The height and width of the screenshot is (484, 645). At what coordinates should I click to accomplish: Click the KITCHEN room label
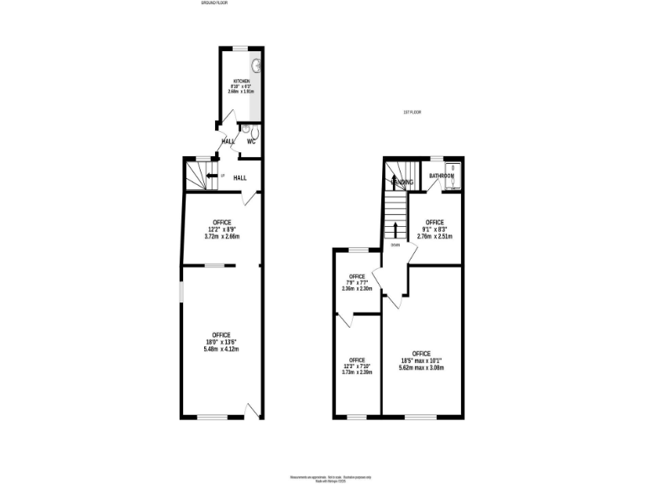click(x=241, y=81)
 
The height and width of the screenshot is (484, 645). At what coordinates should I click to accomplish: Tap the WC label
click(x=250, y=141)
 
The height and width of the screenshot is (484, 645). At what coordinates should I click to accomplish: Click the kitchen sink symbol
click(x=256, y=64)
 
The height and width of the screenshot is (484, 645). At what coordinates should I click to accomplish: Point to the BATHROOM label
click(x=442, y=176)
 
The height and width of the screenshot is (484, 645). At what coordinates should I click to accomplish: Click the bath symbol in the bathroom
click(x=454, y=176)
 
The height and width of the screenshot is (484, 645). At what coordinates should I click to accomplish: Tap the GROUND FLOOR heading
click(x=215, y=3)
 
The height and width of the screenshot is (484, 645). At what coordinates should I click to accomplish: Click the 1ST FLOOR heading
click(x=412, y=112)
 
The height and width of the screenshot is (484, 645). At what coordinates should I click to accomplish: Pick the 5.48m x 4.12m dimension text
click(x=222, y=350)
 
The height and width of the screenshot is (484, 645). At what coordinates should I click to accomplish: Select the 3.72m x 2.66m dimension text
click(x=222, y=236)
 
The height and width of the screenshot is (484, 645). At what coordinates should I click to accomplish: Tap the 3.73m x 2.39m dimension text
click(x=357, y=372)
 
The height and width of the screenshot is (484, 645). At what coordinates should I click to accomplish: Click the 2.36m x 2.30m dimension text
click(x=357, y=289)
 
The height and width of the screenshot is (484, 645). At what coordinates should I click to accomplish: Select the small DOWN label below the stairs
click(x=395, y=245)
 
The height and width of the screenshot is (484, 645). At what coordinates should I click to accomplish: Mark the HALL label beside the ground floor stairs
click(x=240, y=178)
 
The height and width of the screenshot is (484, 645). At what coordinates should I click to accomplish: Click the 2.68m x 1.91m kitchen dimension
click(x=241, y=91)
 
